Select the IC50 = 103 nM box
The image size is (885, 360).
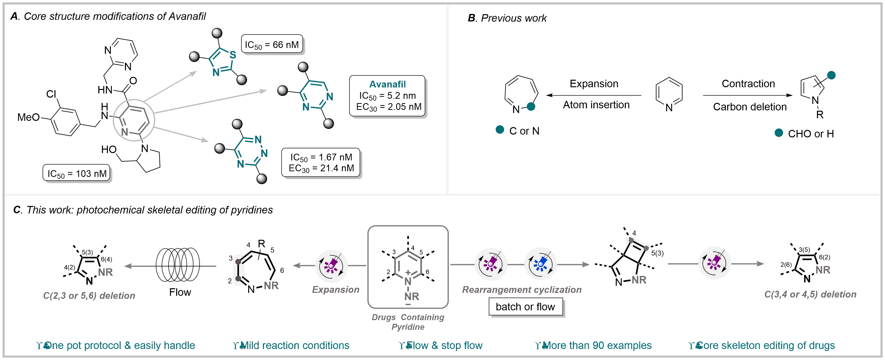tap(77, 173)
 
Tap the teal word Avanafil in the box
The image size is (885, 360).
tap(387, 84)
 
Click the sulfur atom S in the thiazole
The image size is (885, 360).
tap(233, 55)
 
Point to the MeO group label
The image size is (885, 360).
tap(29, 117)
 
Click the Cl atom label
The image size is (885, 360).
tap(51, 94)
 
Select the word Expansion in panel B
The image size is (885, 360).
tap(594, 84)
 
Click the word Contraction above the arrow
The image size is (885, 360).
tap(748, 84)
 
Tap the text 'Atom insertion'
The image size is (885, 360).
tap(596, 105)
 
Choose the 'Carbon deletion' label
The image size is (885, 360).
tap(749, 107)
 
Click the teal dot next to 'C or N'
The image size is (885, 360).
tap(500, 130)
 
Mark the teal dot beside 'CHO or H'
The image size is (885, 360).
tap(779, 133)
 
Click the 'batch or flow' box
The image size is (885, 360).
tap(525, 306)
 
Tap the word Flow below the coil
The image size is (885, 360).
tap(180, 292)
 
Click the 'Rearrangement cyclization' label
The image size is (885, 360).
tap(521, 290)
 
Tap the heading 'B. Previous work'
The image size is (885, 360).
tap(507, 18)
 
